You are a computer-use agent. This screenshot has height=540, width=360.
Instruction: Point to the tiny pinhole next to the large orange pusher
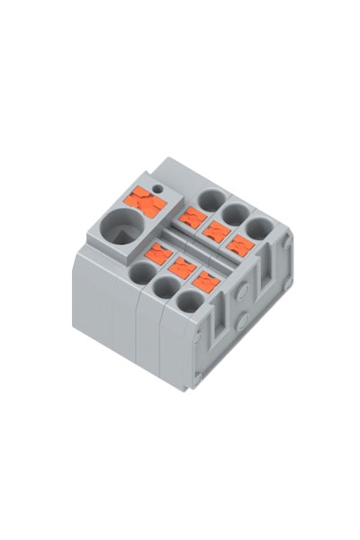coord(158,188)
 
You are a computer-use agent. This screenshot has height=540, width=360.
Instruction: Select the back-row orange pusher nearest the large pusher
coord(191,216)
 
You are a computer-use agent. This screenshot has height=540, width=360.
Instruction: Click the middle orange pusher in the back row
coord(215,229)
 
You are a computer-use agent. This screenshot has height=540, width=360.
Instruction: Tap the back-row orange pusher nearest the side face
coord(238,244)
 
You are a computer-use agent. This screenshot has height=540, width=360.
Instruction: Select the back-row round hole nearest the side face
coord(260,227)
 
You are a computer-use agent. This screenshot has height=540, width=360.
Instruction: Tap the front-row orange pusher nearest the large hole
coord(158,253)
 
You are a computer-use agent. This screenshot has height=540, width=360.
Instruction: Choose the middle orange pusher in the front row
coord(183,266)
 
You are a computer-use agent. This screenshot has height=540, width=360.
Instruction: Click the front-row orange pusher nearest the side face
coord(206,281)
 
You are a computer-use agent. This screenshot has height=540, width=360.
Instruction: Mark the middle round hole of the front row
coord(165,288)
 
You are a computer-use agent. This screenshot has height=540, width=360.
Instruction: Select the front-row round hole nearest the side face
coord(188,303)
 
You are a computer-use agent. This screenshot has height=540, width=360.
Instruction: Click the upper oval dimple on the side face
coord(241,290)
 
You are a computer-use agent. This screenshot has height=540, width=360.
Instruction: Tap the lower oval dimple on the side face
coord(242,317)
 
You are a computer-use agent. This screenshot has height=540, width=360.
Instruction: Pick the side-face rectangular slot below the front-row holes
coord(216,337)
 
